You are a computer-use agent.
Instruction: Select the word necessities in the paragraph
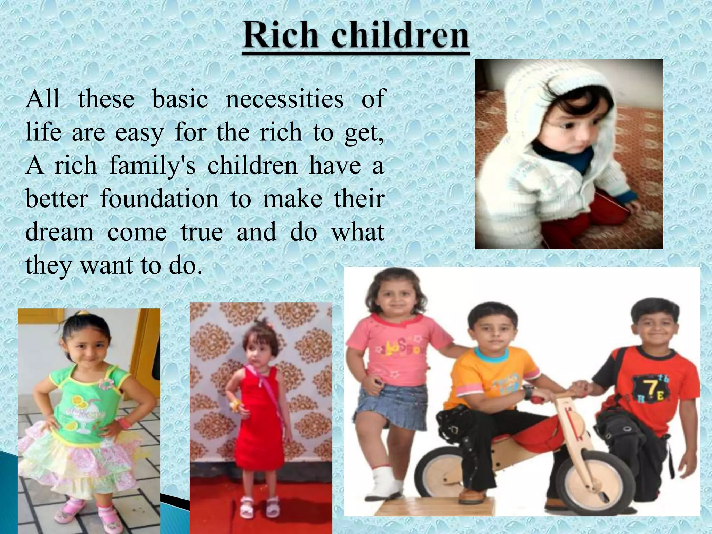pyautogui.click(x=285, y=99)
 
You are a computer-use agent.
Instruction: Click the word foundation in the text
pyautogui.click(x=159, y=199)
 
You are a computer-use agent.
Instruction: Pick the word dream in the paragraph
pyautogui.click(x=59, y=232)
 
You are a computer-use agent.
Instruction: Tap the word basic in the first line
pyautogui.click(x=180, y=99)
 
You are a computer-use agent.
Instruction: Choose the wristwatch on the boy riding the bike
pyautogui.click(x=528, y=391)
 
